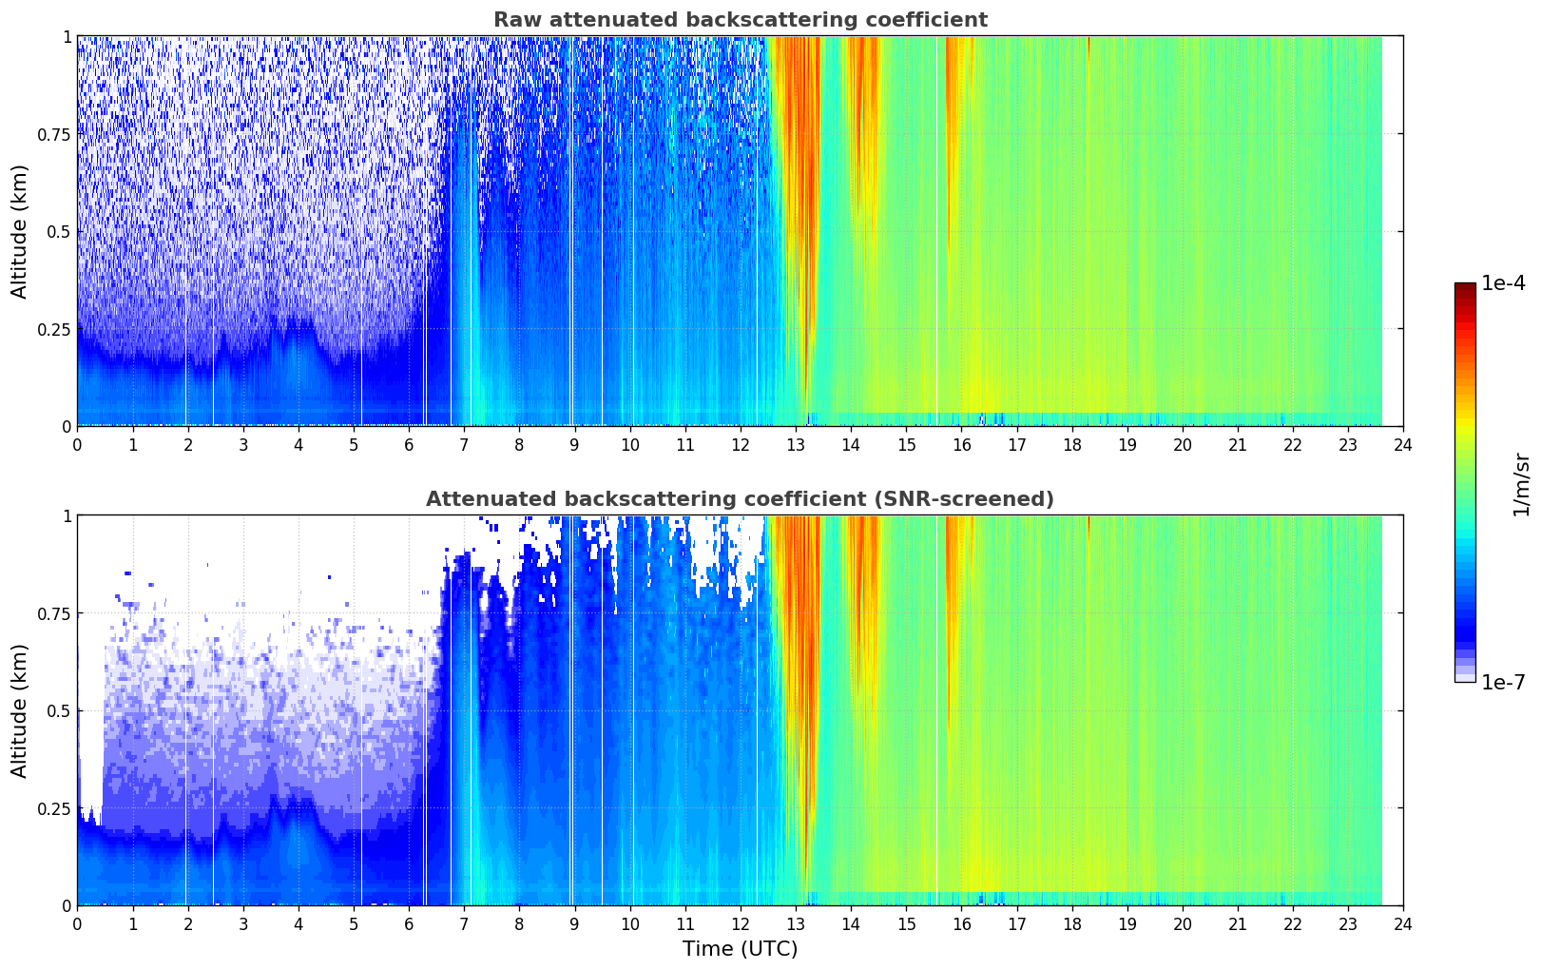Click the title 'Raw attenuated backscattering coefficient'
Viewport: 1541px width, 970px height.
click(740, 20)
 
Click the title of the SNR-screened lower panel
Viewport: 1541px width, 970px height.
click(740, 499)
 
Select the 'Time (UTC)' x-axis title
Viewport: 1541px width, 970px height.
click(740, 949)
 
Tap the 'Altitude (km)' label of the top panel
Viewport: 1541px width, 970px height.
click(20, 231)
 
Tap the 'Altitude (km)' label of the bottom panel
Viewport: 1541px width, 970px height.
click(20, 710)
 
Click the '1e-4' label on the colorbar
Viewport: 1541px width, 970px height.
click(1503, 283)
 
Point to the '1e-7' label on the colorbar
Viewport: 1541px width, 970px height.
click(1503, 682)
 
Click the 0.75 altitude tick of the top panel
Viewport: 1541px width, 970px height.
click(54, 134)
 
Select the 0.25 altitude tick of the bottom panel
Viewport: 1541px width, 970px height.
click(54, 808)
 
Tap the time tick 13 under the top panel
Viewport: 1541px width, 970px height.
click(796, 444)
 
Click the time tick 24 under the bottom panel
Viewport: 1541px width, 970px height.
click(1403, 923)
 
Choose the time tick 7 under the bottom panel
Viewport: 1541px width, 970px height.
click(464, 923)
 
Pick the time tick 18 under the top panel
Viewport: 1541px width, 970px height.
click(1072, 444)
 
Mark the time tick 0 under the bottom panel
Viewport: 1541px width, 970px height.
click(77, 923)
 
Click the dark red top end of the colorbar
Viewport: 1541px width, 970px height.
click(1465, 286)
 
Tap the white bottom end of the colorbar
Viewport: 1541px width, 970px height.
click(1465, 678)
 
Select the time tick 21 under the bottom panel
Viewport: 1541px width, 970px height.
click(1238, 923)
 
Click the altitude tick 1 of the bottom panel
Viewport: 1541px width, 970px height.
click(67, 515)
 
